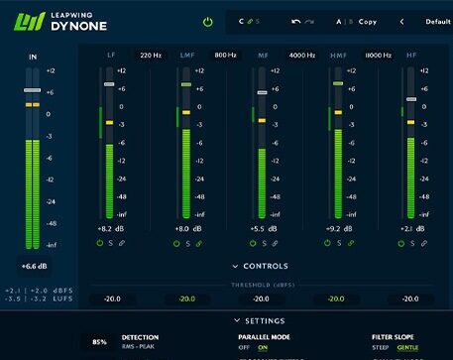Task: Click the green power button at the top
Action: [x=207, y=21]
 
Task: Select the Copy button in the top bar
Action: [x=368, y=21]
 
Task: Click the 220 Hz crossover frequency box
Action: [x=151, y=56]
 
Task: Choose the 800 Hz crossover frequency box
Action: [x=225, y=56]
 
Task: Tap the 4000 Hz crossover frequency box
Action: [x=301, y=56]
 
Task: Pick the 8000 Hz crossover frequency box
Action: [x=378, y=56]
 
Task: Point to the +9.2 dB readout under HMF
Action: [x=338, y=229]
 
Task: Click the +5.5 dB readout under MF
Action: [x=262, y=229]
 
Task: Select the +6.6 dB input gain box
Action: [x=34, y=266]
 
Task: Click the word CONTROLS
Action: [x=265, y=266]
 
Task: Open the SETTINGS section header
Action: [x=265, y=320]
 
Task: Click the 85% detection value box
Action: [x=100, y=342]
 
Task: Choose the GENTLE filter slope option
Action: [x=407, y=348]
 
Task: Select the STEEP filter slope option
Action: [x=381, y=348]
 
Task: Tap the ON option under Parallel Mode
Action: [x=263, y=348]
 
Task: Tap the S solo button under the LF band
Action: [x=110, y=243]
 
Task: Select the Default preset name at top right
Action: [x=437, y=21]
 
